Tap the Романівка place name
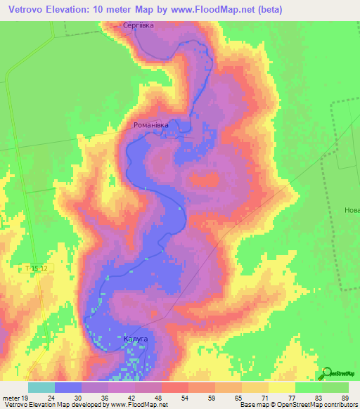point(151,125)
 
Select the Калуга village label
point(135,339)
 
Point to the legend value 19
point(25,398)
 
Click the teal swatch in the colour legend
point(41,387)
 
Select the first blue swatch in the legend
point(67,387)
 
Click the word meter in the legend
point(11,398)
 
